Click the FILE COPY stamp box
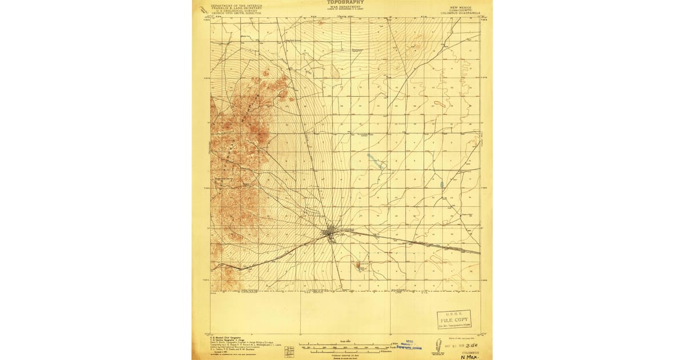click(x=454, y=319)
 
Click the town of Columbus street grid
click(x=331, y=233)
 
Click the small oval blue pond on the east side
click(x=442, y=185)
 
